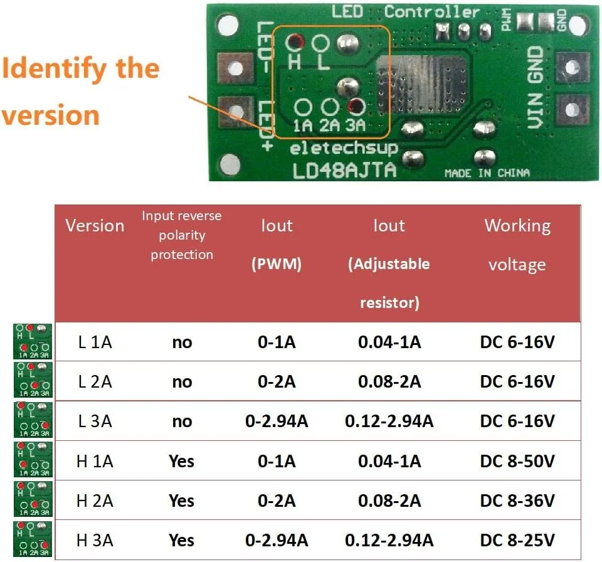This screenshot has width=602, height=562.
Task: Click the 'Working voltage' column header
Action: point(517,245)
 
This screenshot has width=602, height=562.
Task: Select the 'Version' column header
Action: point(95,226)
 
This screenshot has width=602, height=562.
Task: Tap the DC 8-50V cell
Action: point(517,462)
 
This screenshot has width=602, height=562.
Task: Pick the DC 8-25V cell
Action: point(517,540)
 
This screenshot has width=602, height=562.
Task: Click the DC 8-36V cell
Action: point(517,501)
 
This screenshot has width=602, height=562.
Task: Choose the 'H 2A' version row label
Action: point(95,501)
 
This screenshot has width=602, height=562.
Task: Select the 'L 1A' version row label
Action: point(95,342)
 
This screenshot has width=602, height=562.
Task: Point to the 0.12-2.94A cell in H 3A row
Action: point(389,540)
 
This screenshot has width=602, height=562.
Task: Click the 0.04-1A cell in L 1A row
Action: point(389,342)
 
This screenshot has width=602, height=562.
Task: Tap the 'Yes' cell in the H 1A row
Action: point(181,462)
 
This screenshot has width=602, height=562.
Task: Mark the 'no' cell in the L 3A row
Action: point(181,422)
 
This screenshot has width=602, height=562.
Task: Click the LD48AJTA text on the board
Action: point(345,170)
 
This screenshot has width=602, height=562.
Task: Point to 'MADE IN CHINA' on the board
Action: point(487,173)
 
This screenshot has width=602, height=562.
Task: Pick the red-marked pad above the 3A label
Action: point(356,106)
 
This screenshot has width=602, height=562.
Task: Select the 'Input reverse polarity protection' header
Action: point(181,235)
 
